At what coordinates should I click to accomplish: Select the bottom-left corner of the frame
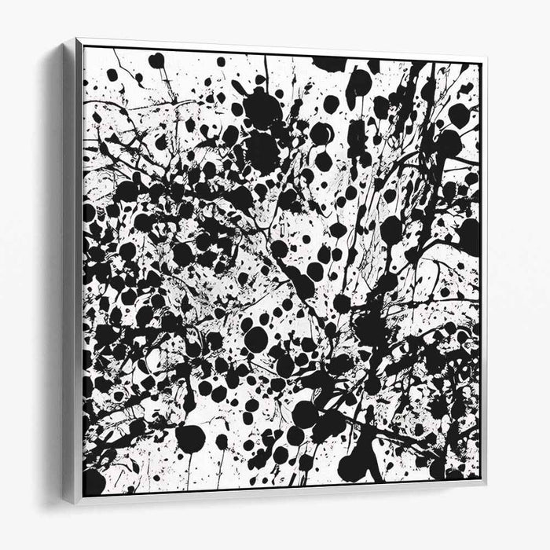coord(76,503)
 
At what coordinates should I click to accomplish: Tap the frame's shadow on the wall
coord(55,275)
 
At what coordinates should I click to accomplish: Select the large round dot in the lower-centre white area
coord(255,339)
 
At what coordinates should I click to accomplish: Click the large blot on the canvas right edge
coord(469,236)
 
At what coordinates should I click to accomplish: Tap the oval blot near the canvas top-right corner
coord(459,115)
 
